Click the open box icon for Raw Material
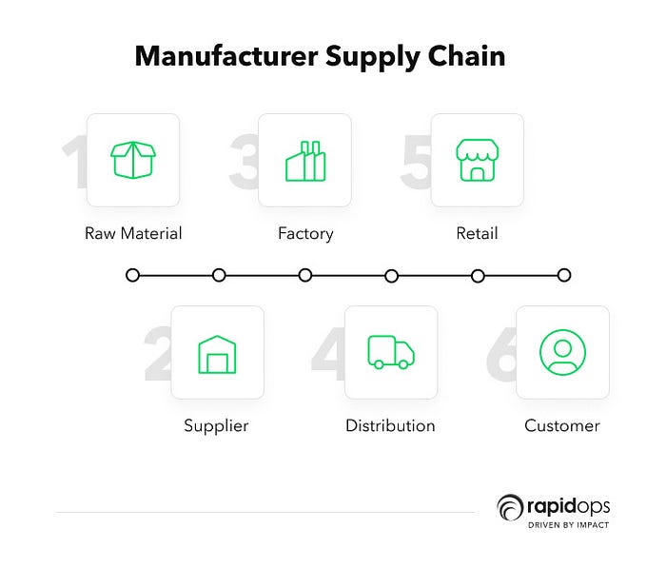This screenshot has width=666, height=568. click(133, 161)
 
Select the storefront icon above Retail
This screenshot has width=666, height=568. click(477, 161)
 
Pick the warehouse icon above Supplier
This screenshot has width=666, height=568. click(217, 353)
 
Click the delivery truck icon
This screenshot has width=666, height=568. click(390, 351)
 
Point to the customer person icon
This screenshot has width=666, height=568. click(562, 352)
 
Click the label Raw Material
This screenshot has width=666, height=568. click(133, 233)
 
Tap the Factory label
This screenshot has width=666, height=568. click(305, 233)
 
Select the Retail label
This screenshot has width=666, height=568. click(477, 233)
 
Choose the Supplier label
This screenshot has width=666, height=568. click(216, 425)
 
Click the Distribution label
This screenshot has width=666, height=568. click(390, 425)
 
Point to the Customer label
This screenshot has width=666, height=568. click(562, 425)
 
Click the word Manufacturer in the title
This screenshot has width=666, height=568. click(225, 56)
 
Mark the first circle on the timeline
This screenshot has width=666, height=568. click(132, 275)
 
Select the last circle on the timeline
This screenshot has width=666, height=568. click(564, 275)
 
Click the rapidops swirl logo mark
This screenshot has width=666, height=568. click(510, 505)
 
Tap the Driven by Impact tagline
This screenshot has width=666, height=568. click(569, 525)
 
